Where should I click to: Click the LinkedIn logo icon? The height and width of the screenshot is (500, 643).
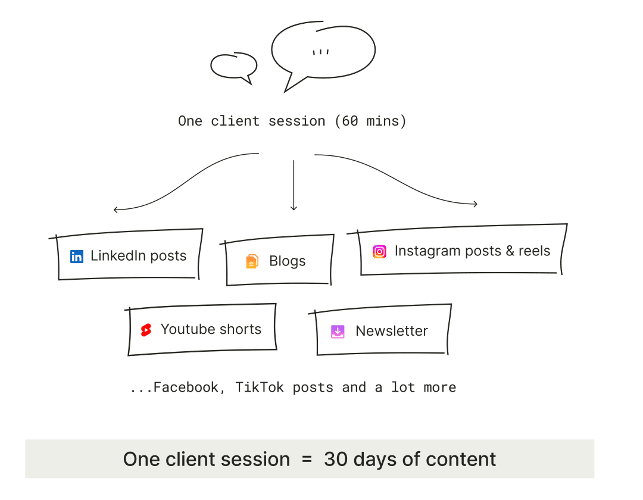click(77, 257)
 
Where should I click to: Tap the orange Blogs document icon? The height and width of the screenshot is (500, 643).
click(252, 261)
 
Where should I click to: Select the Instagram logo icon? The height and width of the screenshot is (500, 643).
click(379, 252)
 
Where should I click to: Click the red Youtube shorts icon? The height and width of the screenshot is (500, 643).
click(146, 330)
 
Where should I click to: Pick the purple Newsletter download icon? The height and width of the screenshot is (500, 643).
click(338, 332)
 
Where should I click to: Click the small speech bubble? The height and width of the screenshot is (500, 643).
click(234, 65)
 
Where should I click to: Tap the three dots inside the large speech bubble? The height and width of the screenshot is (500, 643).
click(321, 52)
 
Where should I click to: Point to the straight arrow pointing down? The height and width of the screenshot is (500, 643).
click(294, 185)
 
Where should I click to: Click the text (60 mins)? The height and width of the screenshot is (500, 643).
click(370, 121)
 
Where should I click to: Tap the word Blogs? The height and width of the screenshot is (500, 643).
click(288, 261)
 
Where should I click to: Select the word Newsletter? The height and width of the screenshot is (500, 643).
click(392, 331)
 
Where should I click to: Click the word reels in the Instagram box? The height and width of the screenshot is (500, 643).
click(534, 251)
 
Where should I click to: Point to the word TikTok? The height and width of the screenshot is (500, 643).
click(259, 387)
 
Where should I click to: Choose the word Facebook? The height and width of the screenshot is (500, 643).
click(186, 387)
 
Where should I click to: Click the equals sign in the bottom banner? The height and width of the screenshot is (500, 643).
click(307, 460)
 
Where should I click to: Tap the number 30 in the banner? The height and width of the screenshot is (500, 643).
click(336, 460)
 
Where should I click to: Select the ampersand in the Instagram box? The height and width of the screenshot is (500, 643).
click(510, 251)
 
